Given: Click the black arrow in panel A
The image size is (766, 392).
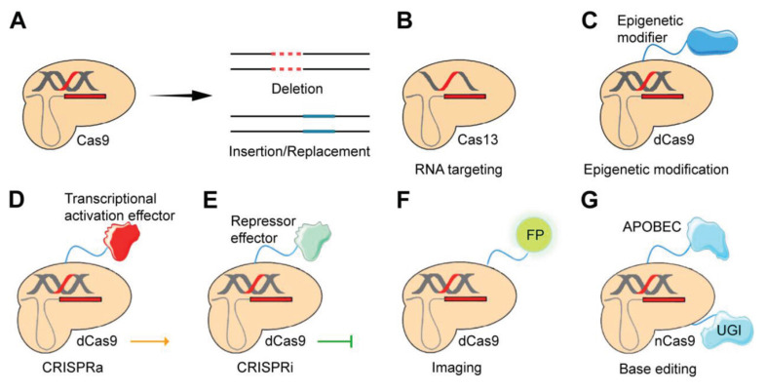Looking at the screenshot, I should tap(179, 95).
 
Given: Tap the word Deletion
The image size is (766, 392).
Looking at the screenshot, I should tap(299, 88).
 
